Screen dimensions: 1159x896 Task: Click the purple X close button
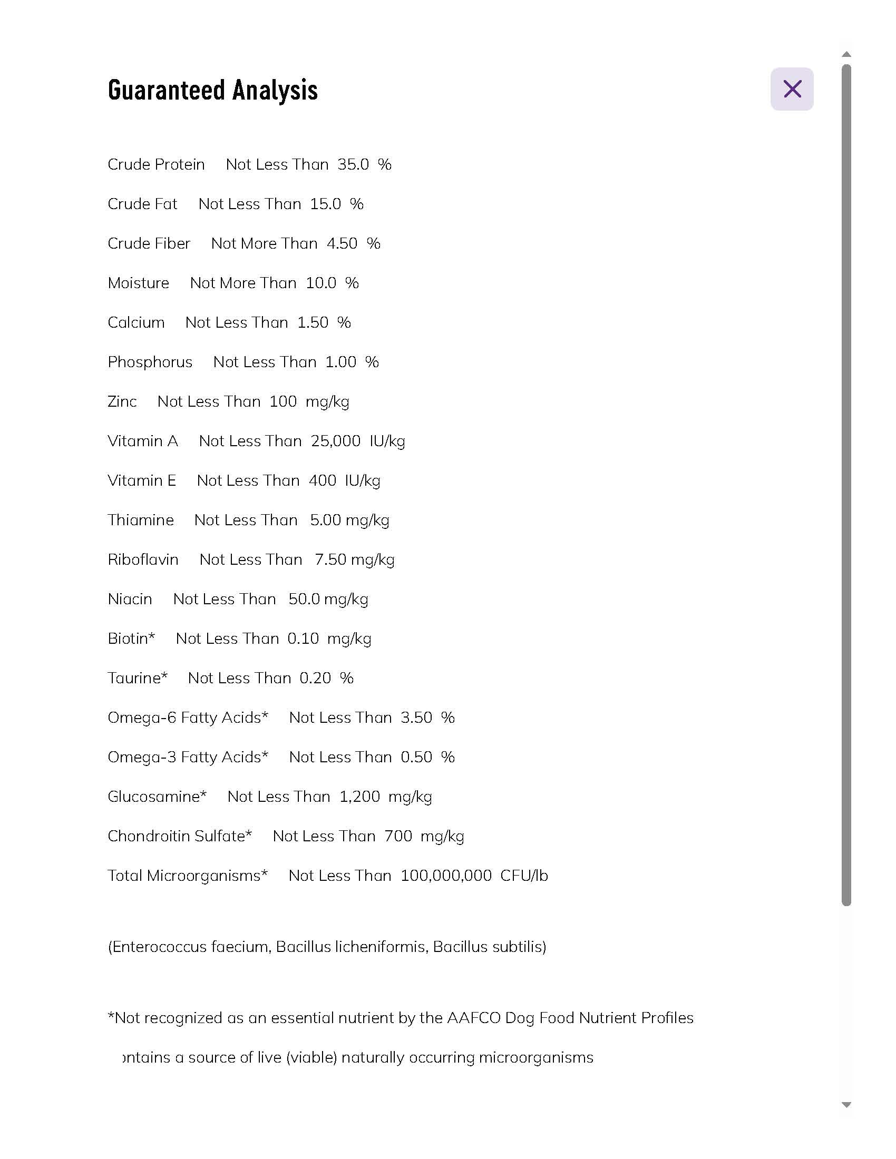(792, 89)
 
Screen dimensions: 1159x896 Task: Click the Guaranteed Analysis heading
(212, 90)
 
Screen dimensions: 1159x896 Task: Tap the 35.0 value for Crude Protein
(353, 164)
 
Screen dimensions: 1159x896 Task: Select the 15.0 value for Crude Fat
(325, 204)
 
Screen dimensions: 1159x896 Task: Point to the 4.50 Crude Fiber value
(342, 243)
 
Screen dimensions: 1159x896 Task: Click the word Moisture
(139, 283)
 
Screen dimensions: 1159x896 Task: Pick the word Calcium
(136, 322)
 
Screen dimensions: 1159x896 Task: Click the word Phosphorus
(150, 362)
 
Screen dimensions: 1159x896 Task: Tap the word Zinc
(122, 402)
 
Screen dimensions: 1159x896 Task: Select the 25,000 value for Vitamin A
(335, 441)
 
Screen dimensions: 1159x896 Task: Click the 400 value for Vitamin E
(322, 481)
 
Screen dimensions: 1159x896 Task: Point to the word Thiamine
(141, 520)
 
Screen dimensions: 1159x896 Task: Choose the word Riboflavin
(143, 560)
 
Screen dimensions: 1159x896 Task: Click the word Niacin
(130, 599)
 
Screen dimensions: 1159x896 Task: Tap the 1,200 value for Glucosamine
(359, 797)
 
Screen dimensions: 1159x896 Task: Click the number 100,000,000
(446, 876)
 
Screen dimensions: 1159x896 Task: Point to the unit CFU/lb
(524, 876)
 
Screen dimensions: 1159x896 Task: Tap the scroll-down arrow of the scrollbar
(846, 1104)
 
